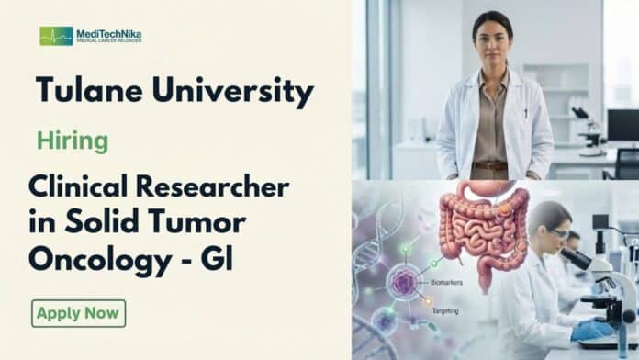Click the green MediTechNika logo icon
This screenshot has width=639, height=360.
56,36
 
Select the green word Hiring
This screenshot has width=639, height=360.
73,141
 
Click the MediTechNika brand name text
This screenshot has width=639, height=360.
109,33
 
